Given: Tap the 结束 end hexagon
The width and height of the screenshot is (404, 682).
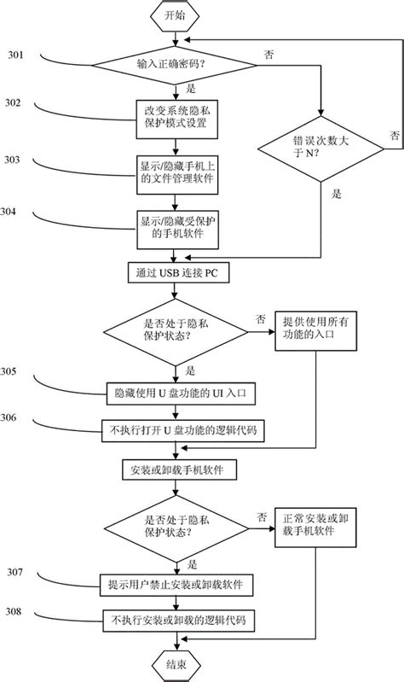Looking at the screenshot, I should click(x=176, y=663).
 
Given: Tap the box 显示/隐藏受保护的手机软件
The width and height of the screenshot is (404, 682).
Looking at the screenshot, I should click(x=176, y=225).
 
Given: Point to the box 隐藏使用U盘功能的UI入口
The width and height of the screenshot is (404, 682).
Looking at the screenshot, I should click(x=177, y=393).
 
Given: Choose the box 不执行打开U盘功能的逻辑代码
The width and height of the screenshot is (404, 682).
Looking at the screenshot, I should click(x=177, y=431).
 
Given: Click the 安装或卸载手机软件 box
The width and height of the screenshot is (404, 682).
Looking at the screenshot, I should click(x=176, y=468).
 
